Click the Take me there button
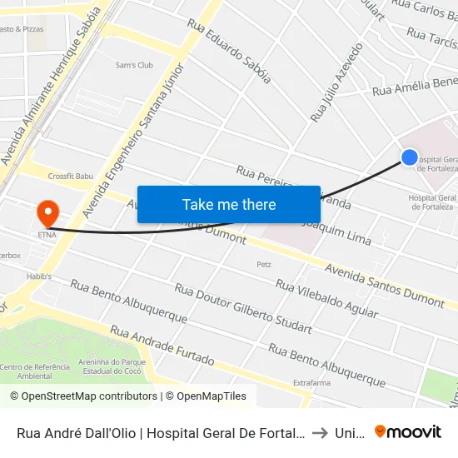tap(229, 204)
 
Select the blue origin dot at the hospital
tap(409, 157)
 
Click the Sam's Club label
tap(134, 65)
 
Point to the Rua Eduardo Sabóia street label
tap(229, 52)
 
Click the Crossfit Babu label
tap(71, 176)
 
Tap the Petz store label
tap(264, 264)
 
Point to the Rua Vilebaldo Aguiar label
tap(326, 299)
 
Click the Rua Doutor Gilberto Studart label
tap(243, 308)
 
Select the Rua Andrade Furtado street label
tap(162, 346)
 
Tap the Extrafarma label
tap(312, 383)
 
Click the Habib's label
tap(38, 276)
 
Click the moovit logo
tap(408, 431)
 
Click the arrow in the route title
tap(319, 432)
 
